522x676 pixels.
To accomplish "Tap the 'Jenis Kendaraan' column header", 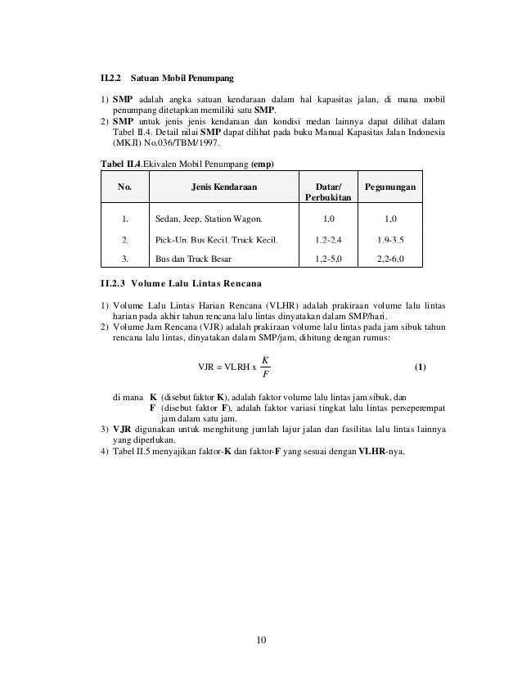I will (x=223, y=187).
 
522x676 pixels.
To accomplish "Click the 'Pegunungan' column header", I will (x=389, y=187).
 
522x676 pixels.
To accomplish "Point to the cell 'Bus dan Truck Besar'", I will (x=193, y=259).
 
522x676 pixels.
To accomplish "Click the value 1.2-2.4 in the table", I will (x=328, y=239).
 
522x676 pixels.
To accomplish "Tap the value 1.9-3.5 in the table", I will (x=389, y=239).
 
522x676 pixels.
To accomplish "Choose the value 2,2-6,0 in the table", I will (x=389, y=259).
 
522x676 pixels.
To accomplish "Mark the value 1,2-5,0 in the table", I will (x=328, y=259).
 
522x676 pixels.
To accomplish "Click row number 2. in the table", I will (x=124, y=239).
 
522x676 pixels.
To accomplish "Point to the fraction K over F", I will (x=265, y=367).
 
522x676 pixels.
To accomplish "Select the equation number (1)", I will (x=419, y=366).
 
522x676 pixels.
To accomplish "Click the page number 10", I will (x=261, y=641).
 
